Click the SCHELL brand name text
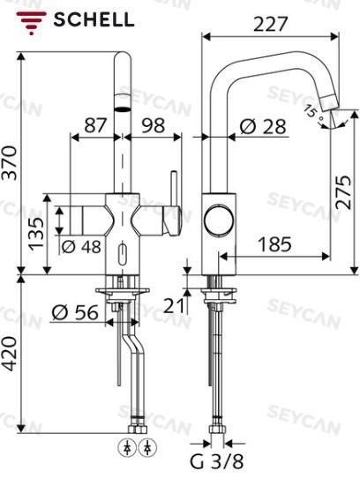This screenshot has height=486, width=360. point(94,19)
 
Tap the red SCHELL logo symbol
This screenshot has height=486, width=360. point(31,23)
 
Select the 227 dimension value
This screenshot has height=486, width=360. point(270,24)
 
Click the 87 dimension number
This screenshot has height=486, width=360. point(95,125)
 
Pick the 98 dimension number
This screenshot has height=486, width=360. point(154,125)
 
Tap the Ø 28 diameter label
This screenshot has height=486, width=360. point(263,126)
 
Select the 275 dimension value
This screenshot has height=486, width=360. point(343,192)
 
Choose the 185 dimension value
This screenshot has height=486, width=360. point(274,244)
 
